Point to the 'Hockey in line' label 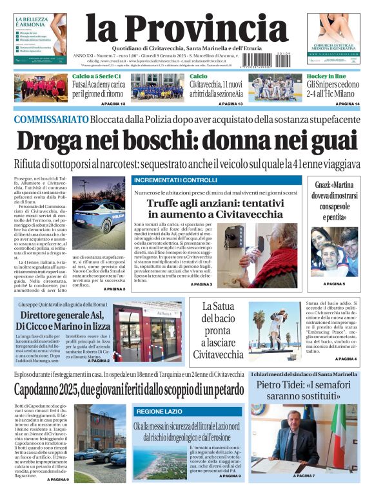[x=325, y=77]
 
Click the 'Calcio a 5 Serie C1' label [x=96, y=77]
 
